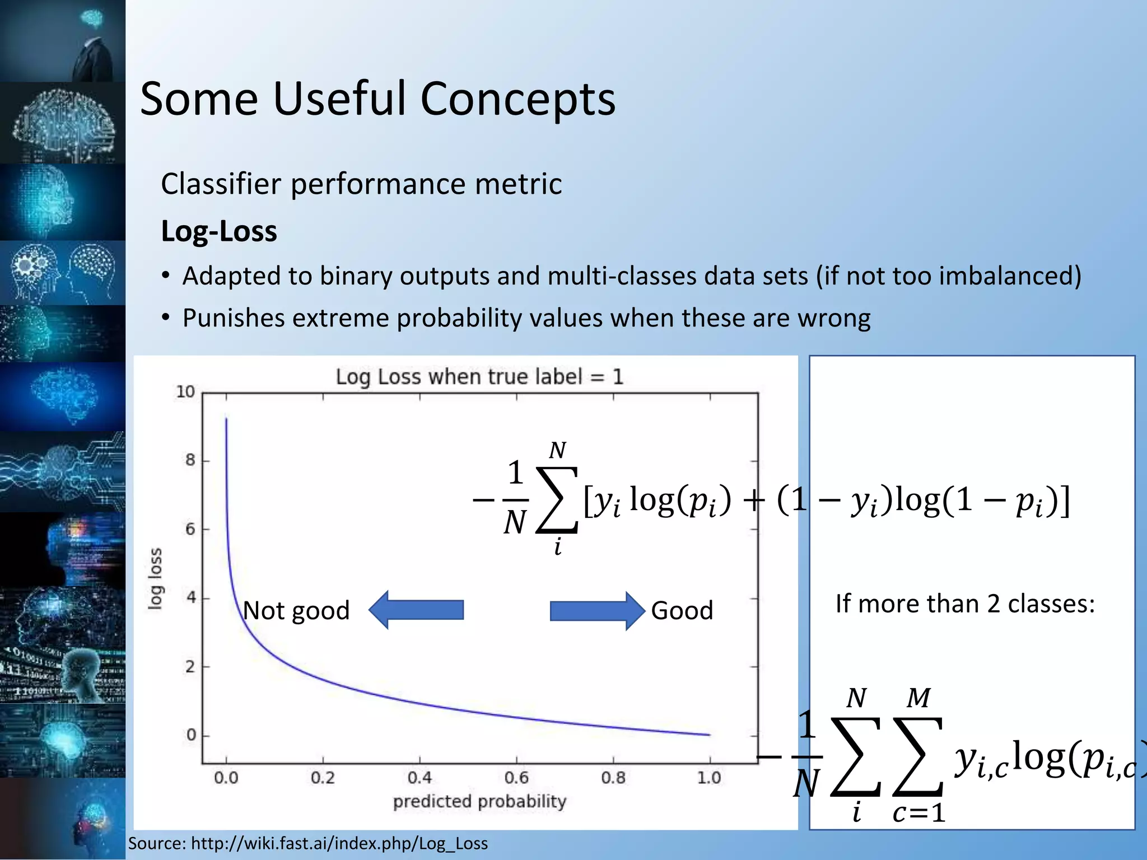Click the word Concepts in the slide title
pos(517,99)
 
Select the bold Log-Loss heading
pos(219,231)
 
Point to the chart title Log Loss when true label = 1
pos(479,377)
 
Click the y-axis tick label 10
pos(185,392)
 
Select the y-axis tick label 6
pos(190,529)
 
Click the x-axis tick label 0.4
pos(419,778)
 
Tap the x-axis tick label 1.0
pos(709,778)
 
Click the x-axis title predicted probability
pos(479,801)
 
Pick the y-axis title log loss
pos(155,578)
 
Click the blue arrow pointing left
pos(417,610)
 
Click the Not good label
pos(296,610)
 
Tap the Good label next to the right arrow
pos(682,610)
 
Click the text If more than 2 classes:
pos(965,604)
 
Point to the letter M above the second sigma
pos(918,698)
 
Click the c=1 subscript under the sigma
pos(918,812)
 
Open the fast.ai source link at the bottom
pos(339,843)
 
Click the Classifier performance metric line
pos(361,184)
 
